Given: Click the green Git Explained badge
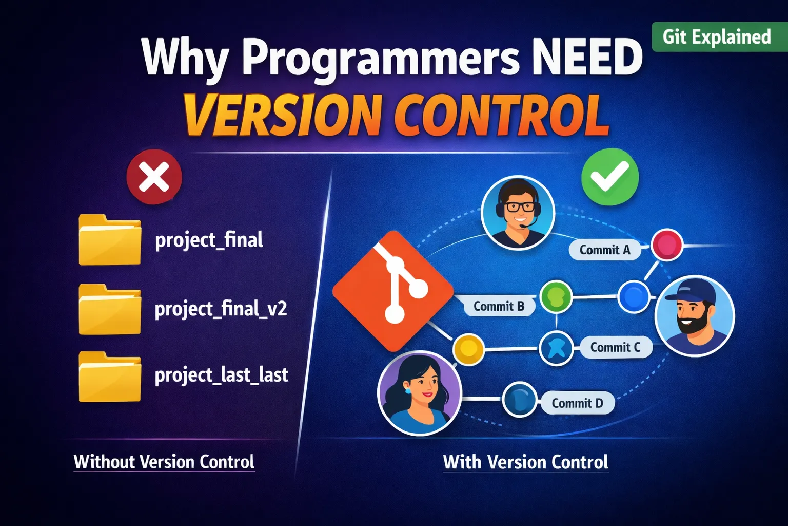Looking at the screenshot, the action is point(719,37).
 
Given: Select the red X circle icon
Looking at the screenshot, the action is point(154,177).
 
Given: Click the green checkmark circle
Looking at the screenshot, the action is point(610,177).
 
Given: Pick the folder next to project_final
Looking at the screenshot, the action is point(110,239).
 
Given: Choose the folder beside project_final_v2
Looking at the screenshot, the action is point(110,309).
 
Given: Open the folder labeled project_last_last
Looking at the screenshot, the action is point(110,377).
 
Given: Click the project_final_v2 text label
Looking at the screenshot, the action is point(221,309).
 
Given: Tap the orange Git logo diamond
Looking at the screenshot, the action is point(393,291).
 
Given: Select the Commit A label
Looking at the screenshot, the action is point(605,250).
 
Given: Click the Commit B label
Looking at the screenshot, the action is point(499,306).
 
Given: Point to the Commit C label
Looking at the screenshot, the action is point(615,347).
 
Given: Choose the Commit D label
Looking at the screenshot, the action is point(577,403).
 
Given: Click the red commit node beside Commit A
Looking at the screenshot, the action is point(666,245).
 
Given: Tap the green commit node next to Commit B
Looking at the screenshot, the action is point(556,297).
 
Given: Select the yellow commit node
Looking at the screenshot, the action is point(468,349).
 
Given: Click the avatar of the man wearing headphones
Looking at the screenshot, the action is point(518,213).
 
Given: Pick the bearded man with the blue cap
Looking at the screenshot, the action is point(695,316).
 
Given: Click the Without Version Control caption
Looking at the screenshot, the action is point(164,461).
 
